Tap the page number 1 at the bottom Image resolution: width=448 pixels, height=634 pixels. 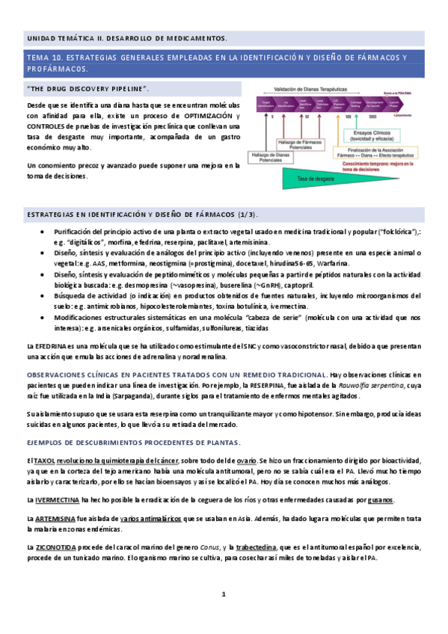point(223,594)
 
